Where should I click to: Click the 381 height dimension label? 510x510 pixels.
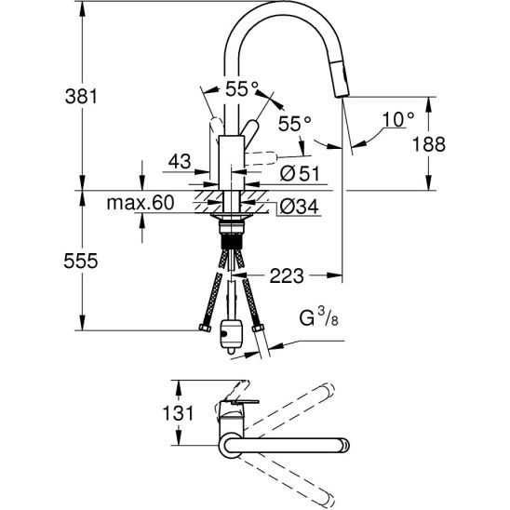tap(81, 97)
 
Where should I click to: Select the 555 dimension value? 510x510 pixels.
tap(81, 261)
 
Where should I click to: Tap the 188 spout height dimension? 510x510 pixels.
tap(429, 144)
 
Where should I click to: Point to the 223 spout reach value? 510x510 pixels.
tap(287, 275)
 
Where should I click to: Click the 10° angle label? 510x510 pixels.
tap(398, 119)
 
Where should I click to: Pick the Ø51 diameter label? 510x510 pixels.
tap(300, 173)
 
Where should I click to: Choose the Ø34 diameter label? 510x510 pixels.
tap(300, 207)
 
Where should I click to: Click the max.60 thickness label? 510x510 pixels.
tap(141, 203)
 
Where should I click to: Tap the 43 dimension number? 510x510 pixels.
tap(180, 161)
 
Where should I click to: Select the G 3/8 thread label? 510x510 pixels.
tap(318, 317)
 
